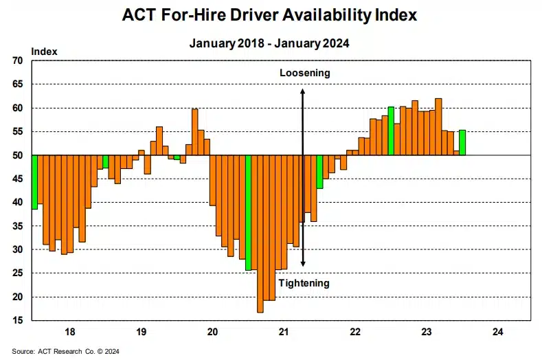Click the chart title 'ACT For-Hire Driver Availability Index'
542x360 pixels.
coord(269,15)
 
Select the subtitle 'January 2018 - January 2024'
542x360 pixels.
coord(269,43)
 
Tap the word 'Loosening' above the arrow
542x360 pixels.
coord(304,73)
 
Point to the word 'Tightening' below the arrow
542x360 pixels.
coord(304,283)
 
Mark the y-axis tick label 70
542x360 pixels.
coord(18,60)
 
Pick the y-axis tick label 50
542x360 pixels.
coord(18,155)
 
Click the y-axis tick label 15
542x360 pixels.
coord(18,321)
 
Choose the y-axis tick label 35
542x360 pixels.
coord(18,226)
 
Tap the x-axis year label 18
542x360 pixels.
coord(69,333)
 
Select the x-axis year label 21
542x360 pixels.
coord(284,333)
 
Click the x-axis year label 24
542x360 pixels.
coord(498,333)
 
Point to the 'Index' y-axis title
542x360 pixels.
coord(44,51)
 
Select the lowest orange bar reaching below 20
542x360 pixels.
coord(260,234)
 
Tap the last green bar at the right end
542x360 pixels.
coord(463,142)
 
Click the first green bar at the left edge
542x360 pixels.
coord(34,181)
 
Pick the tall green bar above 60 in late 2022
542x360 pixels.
coord(391,131)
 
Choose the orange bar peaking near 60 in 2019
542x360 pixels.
coord(194,132)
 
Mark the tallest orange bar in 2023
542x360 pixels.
coord(438,126)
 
